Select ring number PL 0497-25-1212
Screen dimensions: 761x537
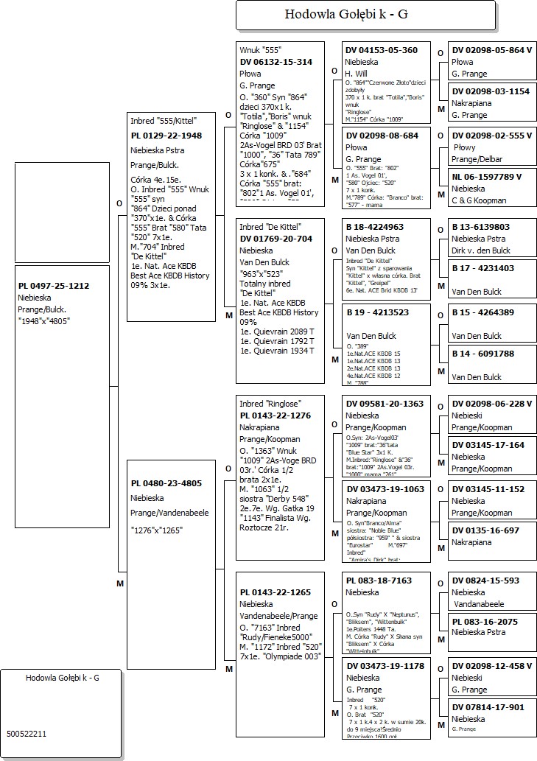(54, 286)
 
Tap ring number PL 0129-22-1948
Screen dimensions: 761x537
(166, 136)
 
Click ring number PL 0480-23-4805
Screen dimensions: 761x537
(166, 483)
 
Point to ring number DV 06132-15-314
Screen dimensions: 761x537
(276, 62)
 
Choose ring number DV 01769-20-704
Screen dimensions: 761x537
(276, 238)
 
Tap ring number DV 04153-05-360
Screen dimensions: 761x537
(382, 50)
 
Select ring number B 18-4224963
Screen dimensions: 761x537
(374, 227)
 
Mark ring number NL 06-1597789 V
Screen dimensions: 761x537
(487, 177)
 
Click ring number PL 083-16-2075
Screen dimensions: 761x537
(485, 622)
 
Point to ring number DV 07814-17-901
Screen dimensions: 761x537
(488, 707)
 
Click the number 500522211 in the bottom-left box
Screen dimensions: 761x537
(27, 734)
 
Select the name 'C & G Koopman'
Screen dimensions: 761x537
(480, 200)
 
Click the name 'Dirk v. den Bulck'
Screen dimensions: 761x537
(481, 250)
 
